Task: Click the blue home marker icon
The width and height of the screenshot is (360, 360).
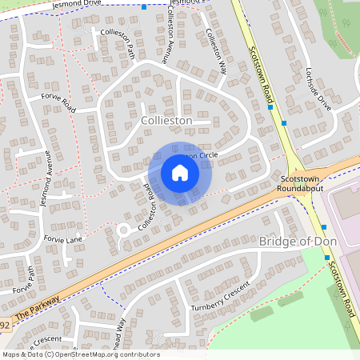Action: click(x=180, y=173)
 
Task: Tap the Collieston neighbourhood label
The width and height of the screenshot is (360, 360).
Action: click(x=166, y=120)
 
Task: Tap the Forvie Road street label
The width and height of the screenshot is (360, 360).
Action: click(x=58, y=102)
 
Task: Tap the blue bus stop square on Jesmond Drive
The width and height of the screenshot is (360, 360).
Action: click(x=144, y=7)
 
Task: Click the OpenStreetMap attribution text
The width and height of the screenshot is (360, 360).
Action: click(x=81, y=354)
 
